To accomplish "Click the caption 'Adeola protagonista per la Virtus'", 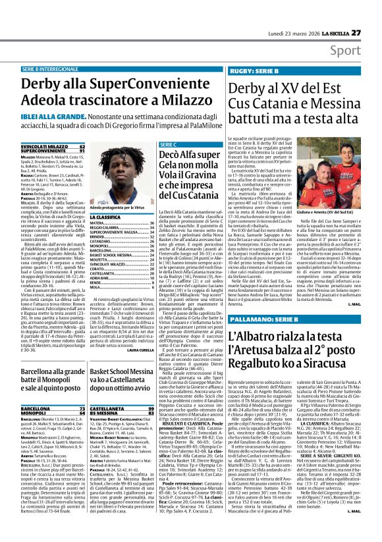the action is tap(119, 207).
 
